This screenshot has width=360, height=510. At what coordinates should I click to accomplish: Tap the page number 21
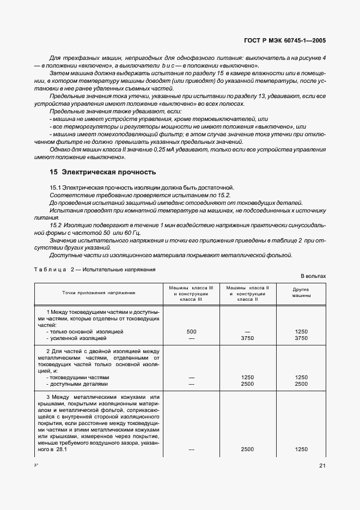point(322,465)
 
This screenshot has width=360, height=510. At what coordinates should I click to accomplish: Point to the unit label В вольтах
point(313,276)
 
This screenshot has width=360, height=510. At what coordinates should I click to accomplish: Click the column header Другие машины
point(301,293)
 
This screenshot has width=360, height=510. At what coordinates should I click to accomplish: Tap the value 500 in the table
point(191,331)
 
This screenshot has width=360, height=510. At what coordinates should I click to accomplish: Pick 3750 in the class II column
point(247,338)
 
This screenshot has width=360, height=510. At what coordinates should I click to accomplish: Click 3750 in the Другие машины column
point(301,338)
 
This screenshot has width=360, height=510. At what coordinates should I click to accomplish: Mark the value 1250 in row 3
point(301,450)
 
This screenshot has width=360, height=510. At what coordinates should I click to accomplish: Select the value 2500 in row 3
point(247,450)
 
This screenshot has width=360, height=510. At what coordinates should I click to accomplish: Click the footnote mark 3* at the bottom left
point(36,465)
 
